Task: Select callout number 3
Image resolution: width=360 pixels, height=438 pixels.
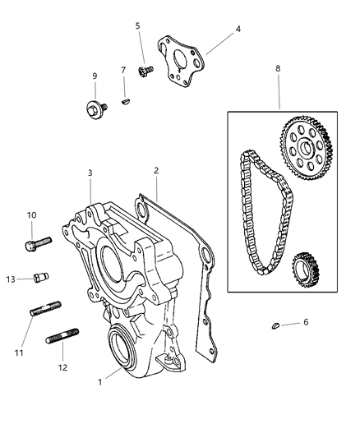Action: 91,173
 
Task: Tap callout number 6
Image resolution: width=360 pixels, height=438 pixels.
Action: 307,321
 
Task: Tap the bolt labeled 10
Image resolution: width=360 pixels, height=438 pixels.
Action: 39,243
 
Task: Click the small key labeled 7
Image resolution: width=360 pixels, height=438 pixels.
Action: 124,103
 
